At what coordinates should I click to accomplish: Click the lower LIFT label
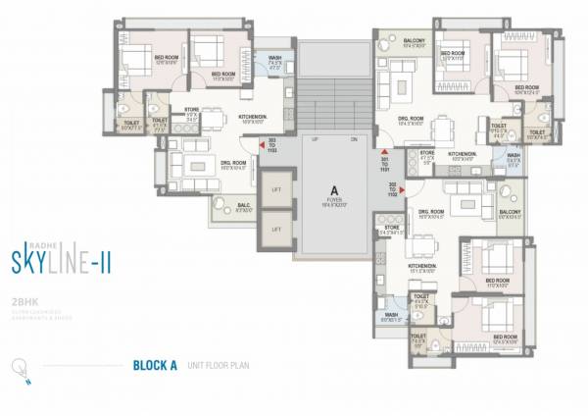point(276,228)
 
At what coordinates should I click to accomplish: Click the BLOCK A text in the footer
point(153,367)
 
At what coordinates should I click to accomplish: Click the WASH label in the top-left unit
point(275,58)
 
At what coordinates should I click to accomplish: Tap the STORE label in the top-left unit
point(193,111)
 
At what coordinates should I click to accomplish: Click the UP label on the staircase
point(313,140)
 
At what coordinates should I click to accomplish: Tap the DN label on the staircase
point(354,140)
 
